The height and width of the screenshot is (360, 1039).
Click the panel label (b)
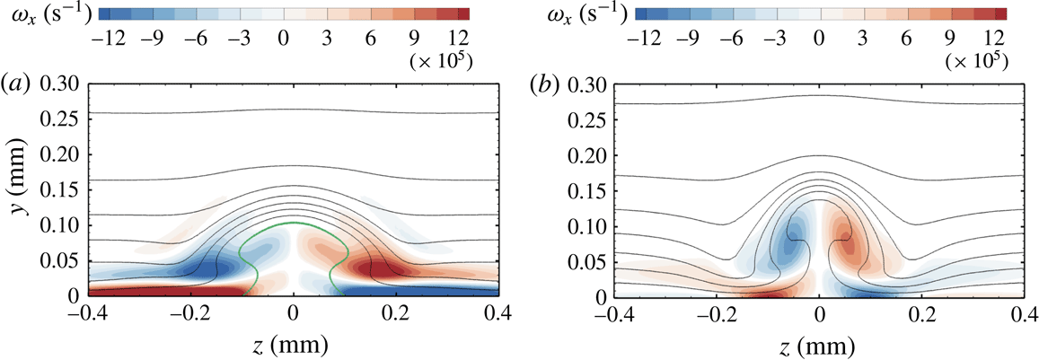click(542, 84)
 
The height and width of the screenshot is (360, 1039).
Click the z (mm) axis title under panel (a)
click(293, 344)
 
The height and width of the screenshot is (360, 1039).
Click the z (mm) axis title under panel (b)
click(818, 344)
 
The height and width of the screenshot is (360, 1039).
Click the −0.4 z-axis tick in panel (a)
click(88, 313)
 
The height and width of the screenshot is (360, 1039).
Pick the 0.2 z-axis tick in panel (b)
click(921, 313)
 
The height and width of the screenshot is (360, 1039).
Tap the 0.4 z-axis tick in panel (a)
click(497, 313)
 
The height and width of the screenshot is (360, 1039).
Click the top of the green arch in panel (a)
click(293, 223)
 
